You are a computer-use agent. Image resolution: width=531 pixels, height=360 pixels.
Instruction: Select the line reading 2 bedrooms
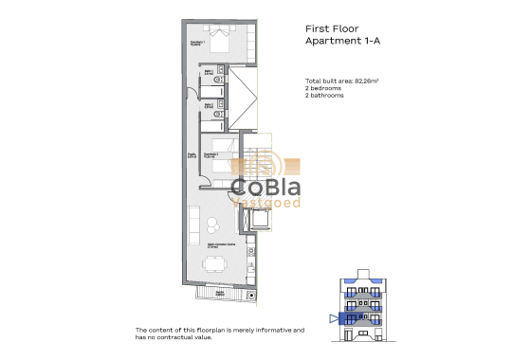[324, 90]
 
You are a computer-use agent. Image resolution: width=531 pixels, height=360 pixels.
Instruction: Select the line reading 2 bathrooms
[325, 97]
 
